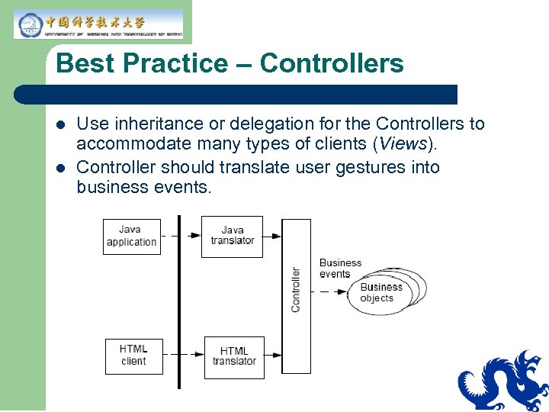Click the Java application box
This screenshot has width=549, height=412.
[132, 237]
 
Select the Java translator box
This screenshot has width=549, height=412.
[232, 236]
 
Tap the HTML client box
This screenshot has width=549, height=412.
[133, 356]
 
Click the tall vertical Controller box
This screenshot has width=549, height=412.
[296, 296]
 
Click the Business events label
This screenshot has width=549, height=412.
[339, 268]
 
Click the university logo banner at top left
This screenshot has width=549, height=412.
[98, 24]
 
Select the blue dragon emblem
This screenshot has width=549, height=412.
[503, 381]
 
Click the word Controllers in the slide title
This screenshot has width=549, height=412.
[332, 63]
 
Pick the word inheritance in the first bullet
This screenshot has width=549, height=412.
[151, 124]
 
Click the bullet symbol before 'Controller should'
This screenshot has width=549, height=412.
[61, 167]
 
